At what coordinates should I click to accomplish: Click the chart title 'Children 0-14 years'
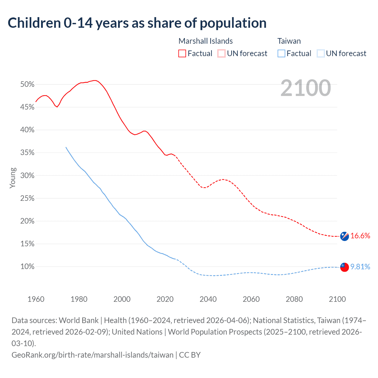[137, 23]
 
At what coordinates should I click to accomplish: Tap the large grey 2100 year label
[306, 88]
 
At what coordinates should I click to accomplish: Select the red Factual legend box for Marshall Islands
[182, 53]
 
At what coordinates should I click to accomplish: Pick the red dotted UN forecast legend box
[221, 53]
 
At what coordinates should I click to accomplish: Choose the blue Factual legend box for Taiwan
[281, 53]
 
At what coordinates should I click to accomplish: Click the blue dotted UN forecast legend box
[321, 53]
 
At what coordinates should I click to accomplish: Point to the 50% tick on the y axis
[27, 84]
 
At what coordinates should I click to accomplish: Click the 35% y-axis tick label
[27, 153]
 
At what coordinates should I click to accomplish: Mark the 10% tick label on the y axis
[27, 267]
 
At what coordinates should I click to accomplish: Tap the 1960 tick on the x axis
[36, 299]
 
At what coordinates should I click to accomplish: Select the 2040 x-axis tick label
[208, 299]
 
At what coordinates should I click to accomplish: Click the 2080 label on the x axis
[294, 299]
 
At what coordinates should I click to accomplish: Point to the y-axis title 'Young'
[13, 178]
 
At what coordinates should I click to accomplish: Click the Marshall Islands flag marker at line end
[344, 236]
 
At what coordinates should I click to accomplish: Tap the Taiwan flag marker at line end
[344, 267]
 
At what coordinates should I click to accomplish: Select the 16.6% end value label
[360, 236]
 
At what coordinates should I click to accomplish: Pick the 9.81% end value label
[360, 267]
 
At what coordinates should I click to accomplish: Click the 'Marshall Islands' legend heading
[206, 41]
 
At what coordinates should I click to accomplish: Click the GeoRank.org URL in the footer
[92, 355]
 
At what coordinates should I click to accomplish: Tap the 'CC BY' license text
[190, 355]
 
